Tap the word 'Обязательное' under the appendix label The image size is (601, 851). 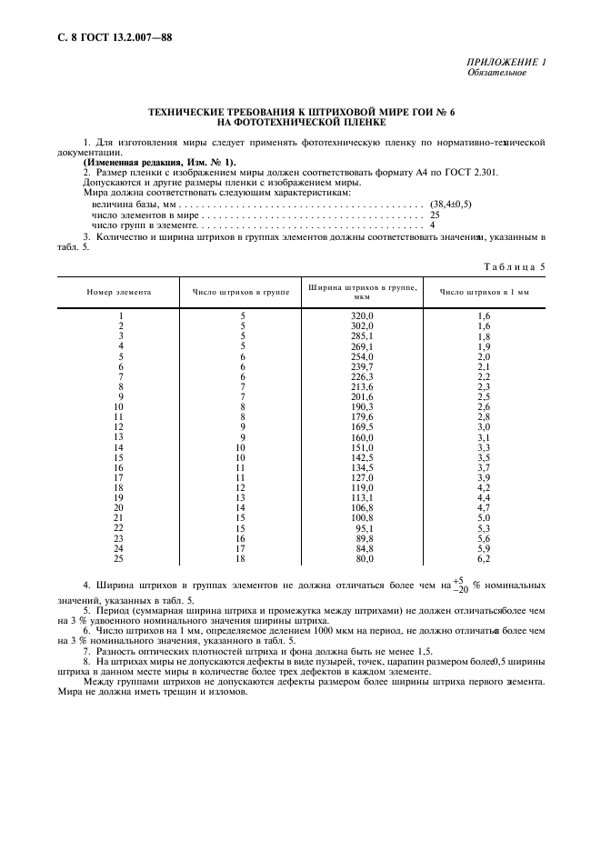[497, 72]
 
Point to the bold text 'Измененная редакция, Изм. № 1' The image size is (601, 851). [159, 162]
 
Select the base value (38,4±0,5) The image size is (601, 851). [450, 205]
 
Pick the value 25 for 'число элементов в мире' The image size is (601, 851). [435, 215]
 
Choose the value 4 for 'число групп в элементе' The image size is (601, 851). [432, 224]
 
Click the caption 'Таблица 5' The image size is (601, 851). [516, 268]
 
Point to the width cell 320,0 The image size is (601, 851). [363, 315]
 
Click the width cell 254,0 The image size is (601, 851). [363, 356]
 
